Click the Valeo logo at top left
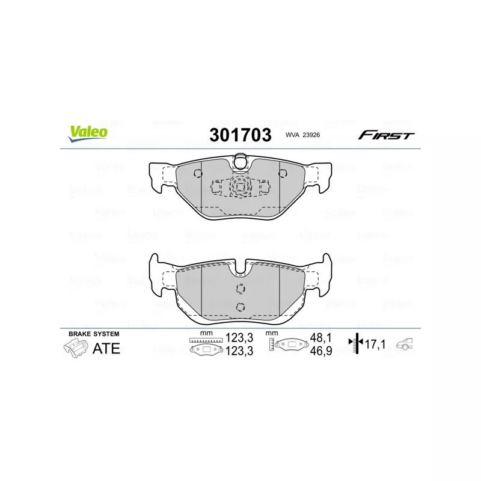click(x=88, y=133)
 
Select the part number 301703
click(x=240, y=135)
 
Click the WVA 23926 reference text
click(x=302, y=135)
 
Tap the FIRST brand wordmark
click(x=386, y=135)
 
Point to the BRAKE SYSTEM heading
click(x=94, y=334)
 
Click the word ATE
click(x=106, y=349)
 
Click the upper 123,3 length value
click(x=239, y=338)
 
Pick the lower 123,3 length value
click(x=239, y=351)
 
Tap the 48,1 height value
click(x=321, y=338)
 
